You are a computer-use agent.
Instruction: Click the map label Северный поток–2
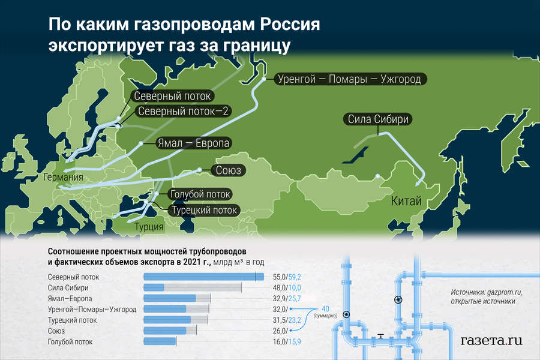(183, 111)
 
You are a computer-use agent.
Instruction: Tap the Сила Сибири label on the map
(378, 119)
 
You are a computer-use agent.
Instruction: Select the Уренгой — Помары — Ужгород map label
(349, 79)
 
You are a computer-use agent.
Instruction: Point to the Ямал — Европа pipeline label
(194, 143)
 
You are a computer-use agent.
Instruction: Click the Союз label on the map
(228, 170)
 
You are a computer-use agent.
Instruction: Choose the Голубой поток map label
(200, 194)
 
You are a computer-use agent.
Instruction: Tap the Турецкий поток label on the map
(204, 210)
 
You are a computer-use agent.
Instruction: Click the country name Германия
(64, 177)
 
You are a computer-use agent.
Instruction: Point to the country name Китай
(406, 201)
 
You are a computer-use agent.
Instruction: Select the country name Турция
(149, 227)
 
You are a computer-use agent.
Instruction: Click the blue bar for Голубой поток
(160, 341)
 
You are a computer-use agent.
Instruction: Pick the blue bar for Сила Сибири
(154, 287)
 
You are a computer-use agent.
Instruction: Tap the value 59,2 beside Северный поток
(295, 277)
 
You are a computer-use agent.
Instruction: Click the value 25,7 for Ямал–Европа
(295, 298)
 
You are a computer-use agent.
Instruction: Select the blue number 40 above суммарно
(325, 308)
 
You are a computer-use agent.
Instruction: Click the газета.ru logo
(491, 340)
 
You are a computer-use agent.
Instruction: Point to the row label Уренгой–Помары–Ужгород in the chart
(92, 310)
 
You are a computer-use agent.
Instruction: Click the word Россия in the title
(290, 25)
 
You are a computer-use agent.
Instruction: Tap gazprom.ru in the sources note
(504, 292)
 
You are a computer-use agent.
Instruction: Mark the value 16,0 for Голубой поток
(280, 342)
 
